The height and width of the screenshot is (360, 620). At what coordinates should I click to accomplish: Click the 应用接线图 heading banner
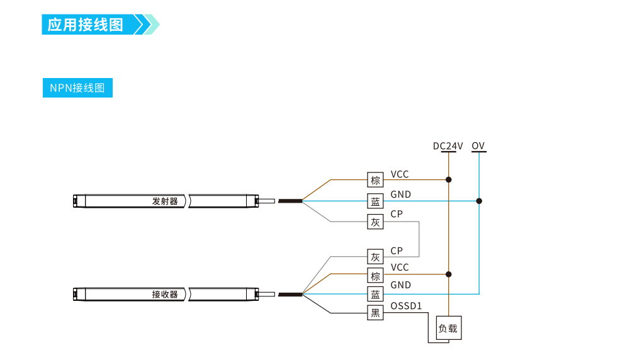tap(88, 25)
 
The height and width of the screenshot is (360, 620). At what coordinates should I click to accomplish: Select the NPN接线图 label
tap(77, 88)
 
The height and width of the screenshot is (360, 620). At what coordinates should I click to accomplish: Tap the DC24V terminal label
tap(448, 146)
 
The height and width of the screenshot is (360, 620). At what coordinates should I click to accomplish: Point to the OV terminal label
tap(478, 146)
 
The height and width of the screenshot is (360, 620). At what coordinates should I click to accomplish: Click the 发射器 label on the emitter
tap(165, 201)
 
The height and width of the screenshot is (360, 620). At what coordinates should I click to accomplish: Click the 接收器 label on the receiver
tap(165, 294)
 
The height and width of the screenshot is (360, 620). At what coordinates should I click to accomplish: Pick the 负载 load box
tap(448, 329)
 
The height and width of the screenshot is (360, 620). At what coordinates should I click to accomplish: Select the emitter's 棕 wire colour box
tap(376, 180)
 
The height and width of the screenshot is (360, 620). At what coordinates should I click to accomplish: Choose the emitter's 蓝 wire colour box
tap(376, 201)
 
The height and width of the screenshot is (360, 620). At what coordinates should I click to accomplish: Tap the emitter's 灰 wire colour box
tap(376, 222)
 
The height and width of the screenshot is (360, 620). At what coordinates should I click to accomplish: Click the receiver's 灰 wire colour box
tap(376, 257)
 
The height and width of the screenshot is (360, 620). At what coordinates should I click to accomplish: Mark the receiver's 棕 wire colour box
tap(376, 276)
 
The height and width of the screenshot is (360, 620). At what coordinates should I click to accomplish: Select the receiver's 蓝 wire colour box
tap(376, 294)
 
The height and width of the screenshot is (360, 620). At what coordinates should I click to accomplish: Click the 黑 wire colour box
tap(376, 313)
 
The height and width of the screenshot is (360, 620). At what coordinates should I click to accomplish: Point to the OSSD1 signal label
tap(406, 307)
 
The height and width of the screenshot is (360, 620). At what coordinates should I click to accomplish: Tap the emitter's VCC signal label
tap(400, 174)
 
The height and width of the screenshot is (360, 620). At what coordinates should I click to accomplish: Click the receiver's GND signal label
tap(401, 285)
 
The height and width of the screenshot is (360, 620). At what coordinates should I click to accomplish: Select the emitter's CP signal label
tap(397, 214)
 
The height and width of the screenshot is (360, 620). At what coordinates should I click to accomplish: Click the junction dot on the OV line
tap(479, 201)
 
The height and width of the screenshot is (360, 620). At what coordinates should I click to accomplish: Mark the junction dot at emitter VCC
tap(448, 180)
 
